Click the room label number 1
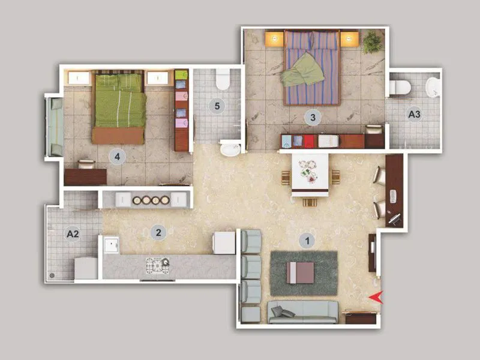point(307,241)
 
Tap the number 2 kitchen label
point(158,232)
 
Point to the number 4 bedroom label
point(118,157)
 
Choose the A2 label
point(73,234)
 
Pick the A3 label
point(414,113)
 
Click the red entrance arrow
point(376,296)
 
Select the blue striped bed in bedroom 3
point(311,67)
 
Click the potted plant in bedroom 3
point(372,41)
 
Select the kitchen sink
point(112,245)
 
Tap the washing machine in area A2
point(85,268)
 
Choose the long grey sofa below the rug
point(303,312)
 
